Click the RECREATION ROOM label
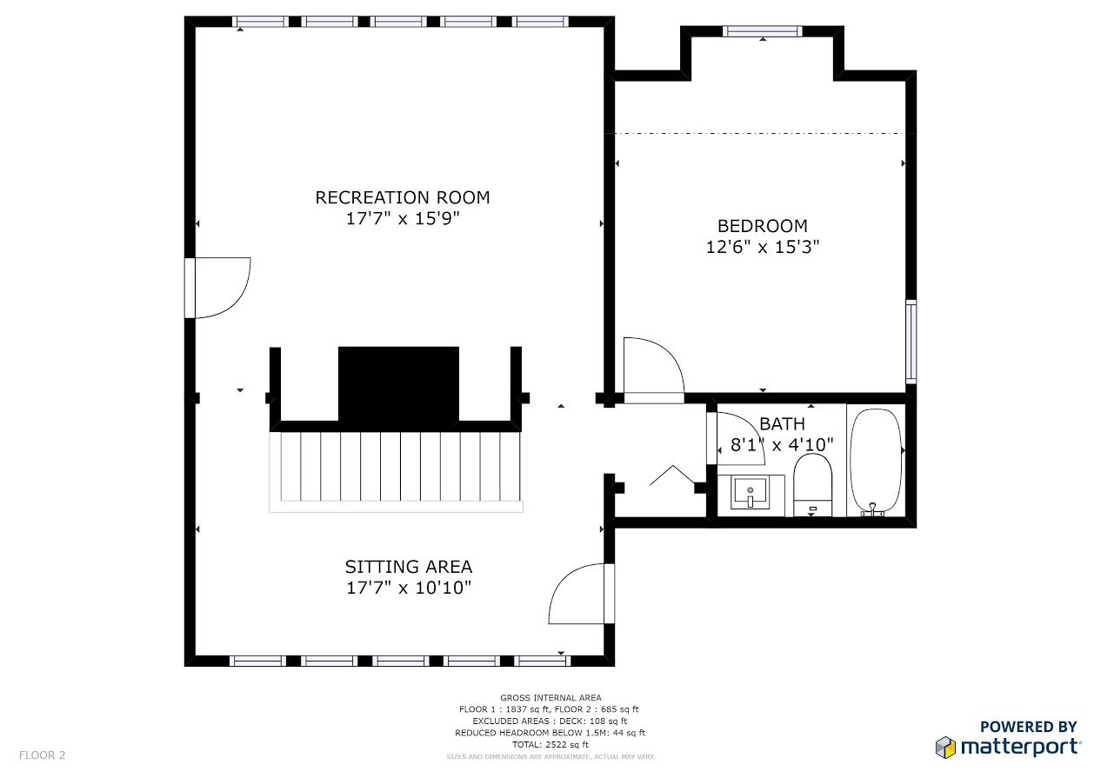pos(403,197)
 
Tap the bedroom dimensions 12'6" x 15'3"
pos(763,247)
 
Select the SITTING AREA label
pos(409,567)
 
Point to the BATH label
pos(782,423)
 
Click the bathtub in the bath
pos(876,462)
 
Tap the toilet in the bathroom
pos(812,485)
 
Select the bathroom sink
pos(750,494)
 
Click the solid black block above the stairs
pos(398,384)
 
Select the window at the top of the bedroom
pos(763,31)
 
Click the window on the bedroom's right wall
pos(911,342)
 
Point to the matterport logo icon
pos(945,747)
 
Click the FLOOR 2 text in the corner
pos(43,755)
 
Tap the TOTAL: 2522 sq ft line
pos(550,745)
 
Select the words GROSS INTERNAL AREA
pos(550,697)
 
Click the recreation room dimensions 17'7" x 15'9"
pos(403,218)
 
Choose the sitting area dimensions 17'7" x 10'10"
pos(409,588)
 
